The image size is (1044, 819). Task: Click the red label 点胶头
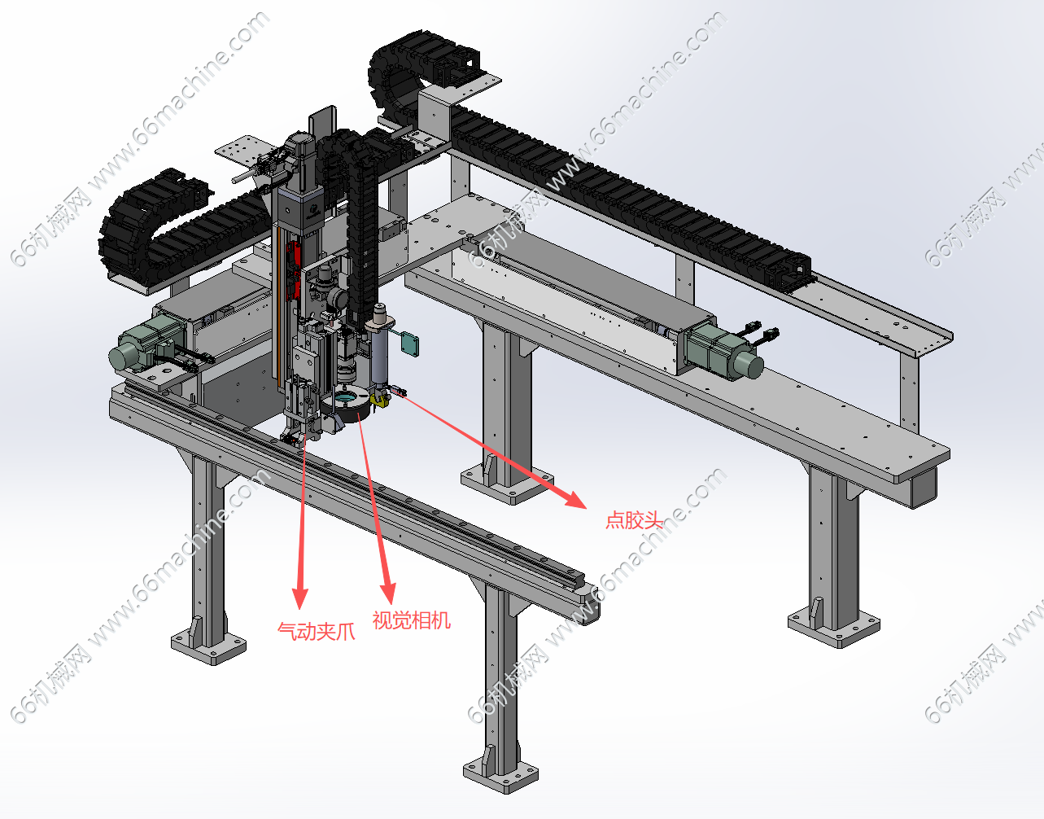634,520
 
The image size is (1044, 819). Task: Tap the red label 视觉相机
411,620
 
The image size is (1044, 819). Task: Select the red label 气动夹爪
317,631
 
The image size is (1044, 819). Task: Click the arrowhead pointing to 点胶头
574,498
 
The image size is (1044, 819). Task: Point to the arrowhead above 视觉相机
388,593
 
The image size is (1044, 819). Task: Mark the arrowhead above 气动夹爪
299,598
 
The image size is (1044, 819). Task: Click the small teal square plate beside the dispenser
411,344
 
